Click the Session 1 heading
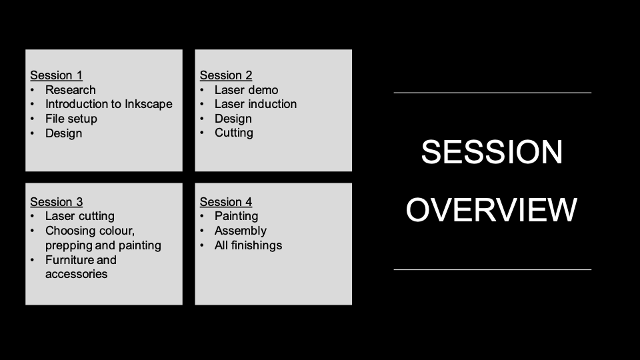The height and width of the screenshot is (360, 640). [x=56, y=75]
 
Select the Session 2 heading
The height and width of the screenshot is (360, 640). [x=226, y=75]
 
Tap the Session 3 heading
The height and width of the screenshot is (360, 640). [x=56, y=202]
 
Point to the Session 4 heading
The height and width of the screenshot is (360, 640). [x=226, y=202]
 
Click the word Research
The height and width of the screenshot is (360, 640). [x=70, y=90]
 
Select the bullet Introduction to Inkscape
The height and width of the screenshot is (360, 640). [x=109, y=104]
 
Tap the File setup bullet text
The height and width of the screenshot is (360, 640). [x=71, y=119]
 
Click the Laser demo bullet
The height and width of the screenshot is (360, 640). [x=246, y=90]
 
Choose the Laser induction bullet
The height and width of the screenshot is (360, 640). [x=255, y=104]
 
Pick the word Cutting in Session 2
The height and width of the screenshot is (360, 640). [x=233, y=133]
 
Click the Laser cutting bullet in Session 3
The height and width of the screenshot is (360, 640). [x=79, y=216]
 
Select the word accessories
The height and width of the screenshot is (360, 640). [x=76, y=274]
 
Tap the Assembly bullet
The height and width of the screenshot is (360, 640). [x=240, y=231]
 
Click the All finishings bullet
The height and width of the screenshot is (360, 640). [x=248, y=245]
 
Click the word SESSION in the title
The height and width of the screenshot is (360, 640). [x=492, y=153]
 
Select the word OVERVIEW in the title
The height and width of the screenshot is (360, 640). [x=491, y=210]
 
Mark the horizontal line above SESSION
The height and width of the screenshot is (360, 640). [x=492, y=93]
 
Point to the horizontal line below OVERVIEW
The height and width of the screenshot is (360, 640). [x=492, y=269]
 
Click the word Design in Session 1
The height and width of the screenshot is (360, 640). [x=63, y=133]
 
